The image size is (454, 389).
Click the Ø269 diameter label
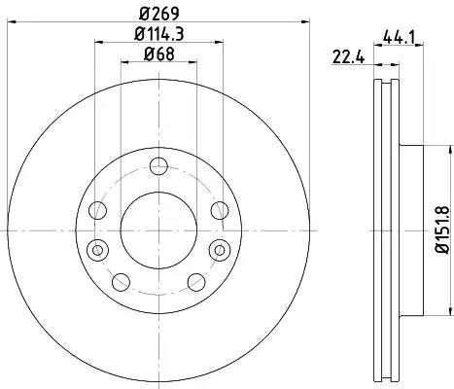point(159,14)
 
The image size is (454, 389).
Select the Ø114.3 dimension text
point(159,34)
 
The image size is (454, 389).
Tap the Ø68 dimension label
point(159,53)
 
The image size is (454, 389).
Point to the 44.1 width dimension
point(399,37)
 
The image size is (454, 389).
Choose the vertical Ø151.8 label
point(442,230)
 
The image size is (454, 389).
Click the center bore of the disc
point(158,230)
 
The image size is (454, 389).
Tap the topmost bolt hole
point(158,166)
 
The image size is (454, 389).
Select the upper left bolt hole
point(97,210)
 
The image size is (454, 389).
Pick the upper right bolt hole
point(220,210)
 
